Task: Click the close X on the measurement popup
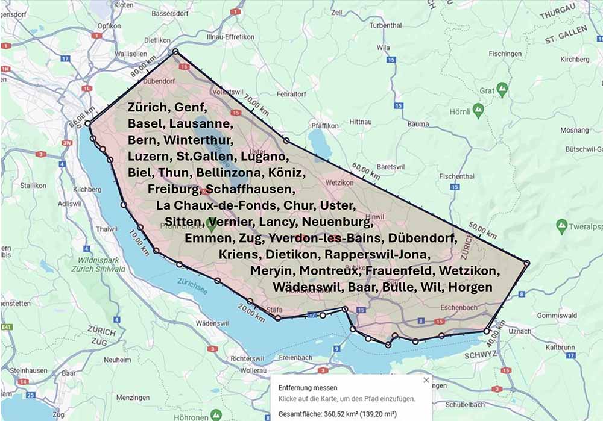coord(426,380)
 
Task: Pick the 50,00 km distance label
coord(464,229)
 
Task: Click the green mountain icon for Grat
coord(502,90)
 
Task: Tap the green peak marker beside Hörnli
coord(478,110)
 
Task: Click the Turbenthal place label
coord(385,25)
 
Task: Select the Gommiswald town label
coord(557,315)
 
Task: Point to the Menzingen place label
coord(133,398)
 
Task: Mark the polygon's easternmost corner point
coord(527,263)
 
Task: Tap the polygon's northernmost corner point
coord(175,52)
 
